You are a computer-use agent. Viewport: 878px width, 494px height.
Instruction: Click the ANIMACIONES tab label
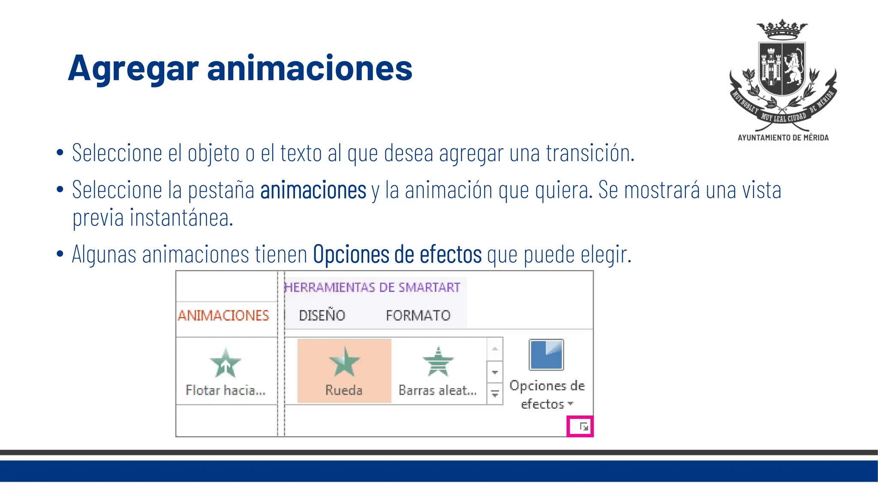[223, 316]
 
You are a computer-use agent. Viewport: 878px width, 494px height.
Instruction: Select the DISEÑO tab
[322, 316]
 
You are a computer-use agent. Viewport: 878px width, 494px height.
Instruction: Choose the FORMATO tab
[418, 316]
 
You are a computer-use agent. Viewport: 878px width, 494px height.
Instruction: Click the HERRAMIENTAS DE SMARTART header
[372, 287]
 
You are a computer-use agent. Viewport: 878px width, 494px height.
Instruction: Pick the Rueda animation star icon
[344, 362]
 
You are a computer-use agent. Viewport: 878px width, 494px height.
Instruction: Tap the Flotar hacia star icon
[226, 363]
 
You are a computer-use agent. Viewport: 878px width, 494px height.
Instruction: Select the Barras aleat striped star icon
[438, 361]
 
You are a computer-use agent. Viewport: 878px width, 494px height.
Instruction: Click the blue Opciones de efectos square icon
[546, 355]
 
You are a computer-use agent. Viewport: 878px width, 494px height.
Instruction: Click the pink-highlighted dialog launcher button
[580, 426]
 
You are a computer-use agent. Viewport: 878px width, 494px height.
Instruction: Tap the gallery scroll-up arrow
[495, 349]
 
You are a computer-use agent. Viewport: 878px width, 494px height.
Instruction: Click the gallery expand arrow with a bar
[495, 394]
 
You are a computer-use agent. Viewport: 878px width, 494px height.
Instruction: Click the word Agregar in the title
[133, 69]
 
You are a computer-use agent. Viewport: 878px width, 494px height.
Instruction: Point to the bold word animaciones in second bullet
[313, 190]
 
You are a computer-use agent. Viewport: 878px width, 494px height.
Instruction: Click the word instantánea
[181, 218]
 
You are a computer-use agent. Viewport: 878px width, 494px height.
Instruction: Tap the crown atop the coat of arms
[782, 29]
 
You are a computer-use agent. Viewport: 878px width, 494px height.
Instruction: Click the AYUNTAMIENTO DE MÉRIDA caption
[783, 138]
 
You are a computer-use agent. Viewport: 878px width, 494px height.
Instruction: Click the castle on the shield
[770, 68]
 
